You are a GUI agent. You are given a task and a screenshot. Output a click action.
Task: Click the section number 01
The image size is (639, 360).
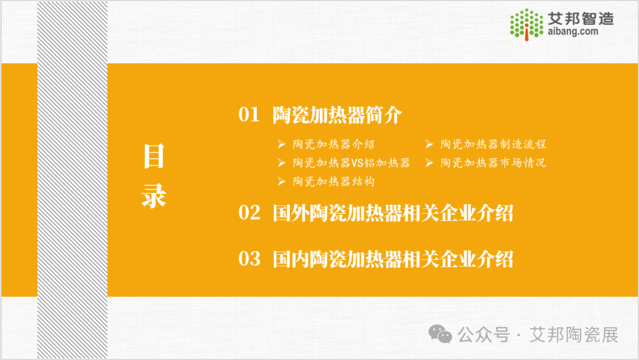[x=249, y=114]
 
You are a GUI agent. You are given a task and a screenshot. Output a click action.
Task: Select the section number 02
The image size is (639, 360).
[x=250, y=213]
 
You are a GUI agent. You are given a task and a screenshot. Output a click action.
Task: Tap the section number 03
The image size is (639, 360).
[x=250, y=259]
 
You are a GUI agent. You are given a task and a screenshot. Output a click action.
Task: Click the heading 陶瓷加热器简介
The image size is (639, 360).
[x=337, y=115]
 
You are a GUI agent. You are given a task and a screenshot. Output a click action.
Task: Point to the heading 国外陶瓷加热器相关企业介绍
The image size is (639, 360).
[x=393, y=213]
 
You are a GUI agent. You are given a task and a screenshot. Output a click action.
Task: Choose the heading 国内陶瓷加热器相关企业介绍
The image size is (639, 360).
[x=393, y=259]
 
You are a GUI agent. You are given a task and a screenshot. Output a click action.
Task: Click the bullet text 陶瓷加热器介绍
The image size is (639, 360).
[x=333, y=144]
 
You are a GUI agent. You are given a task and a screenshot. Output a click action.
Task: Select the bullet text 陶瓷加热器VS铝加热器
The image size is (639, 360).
[x=351, y=163]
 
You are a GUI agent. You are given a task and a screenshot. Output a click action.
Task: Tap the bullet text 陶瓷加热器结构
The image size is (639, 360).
[x=333, y=181]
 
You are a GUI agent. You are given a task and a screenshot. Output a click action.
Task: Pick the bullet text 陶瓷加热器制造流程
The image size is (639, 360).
[x=493, y=144]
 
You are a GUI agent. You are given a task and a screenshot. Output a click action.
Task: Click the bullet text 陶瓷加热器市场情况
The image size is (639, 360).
[x=493, y=163]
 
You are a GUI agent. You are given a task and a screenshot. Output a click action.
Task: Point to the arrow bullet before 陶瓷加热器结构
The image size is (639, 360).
[x=281, y=181]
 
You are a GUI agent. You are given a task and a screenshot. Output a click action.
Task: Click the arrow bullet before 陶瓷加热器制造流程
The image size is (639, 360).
[x=429, y=144]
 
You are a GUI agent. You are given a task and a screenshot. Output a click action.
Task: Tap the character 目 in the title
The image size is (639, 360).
[x=154, y=156]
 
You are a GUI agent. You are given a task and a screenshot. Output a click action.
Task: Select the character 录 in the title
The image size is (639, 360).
[x=154, y=196]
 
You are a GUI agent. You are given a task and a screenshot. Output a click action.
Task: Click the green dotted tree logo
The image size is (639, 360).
[x=527, y=24]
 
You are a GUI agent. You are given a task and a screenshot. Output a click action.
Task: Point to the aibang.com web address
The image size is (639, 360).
[x=573, y=31]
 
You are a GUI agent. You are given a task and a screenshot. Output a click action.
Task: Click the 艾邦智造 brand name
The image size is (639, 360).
[x=580, y=18]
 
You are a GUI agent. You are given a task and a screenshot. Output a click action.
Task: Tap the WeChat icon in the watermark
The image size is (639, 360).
[x=440, y=334]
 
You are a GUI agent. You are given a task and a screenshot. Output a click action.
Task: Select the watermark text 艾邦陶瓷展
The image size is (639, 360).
[x=574, y=335]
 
